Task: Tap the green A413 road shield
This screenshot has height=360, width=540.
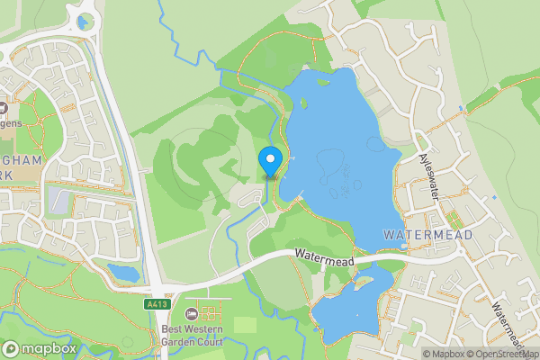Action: tap(157, 305)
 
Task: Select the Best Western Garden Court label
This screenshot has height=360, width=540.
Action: tap(192, 333)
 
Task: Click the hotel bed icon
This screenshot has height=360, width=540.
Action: tap(191, 314)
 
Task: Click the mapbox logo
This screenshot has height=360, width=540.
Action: tap(40, 348)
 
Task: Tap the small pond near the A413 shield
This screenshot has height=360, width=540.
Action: tap(122, 272)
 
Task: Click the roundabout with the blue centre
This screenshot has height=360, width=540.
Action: tap(85, 22)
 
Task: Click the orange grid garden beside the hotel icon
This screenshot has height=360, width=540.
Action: tap(210, 314)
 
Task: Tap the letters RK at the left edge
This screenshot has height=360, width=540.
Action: tap(7, 177)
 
